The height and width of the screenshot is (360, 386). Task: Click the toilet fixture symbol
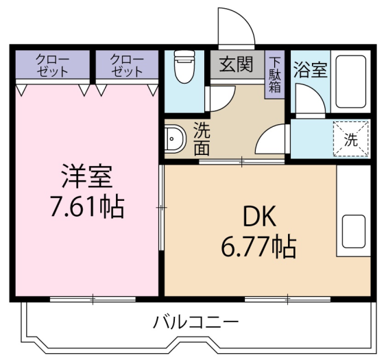point(184,67)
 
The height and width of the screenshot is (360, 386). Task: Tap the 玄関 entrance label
point(237,64)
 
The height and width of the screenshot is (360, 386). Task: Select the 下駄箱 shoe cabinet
point(274,74)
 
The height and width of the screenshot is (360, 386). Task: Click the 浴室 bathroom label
point(311,70)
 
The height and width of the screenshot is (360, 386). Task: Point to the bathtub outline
point(350,82)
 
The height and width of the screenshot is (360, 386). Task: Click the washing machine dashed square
point(351,139)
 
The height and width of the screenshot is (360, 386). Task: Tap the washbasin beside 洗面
point(175,139)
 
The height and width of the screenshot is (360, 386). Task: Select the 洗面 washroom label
point(202,139)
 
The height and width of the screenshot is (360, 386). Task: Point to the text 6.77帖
point(258,248)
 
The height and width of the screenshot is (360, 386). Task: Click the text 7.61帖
point(87,207)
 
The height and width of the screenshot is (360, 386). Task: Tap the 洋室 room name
point(87,176)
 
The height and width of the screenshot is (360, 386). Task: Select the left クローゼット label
point(52,65)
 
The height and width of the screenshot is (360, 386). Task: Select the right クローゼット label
point(127,65)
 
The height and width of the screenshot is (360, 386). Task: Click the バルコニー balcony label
point(195,322)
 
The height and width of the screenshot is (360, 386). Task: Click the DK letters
point(259,217)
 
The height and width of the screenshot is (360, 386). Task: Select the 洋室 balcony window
point(93,299)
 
